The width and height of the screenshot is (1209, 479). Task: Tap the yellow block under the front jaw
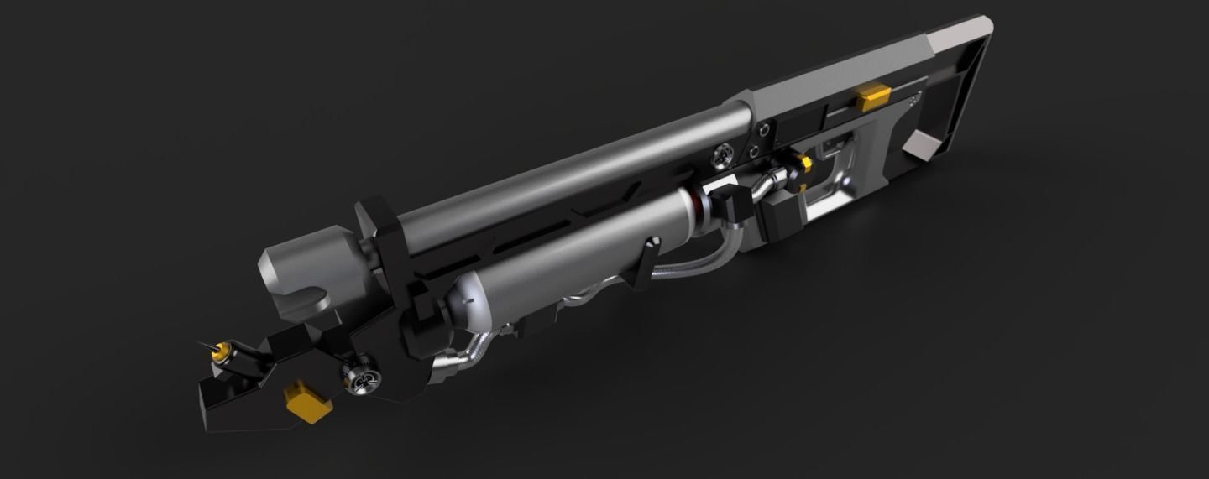tap(306, 400)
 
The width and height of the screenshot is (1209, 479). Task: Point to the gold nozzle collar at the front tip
tap(224, 349)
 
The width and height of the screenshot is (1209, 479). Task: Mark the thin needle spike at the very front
tap(205, 345)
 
